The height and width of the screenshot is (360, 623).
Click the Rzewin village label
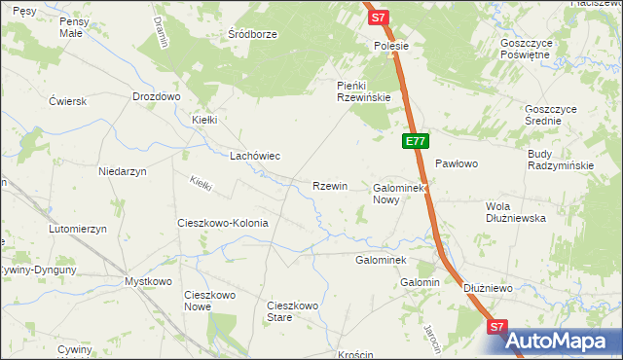[x=329, y=186]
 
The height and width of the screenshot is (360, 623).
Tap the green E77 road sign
[x=416, y=141]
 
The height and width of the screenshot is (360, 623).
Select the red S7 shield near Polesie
[x=379, y=18]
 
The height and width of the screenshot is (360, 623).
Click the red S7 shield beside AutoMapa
[x=497, y=329]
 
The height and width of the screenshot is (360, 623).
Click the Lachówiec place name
[x=254, y=156]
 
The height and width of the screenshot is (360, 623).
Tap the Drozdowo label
[x=157, y=97]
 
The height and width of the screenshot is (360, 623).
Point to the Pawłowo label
[x=456, y=163]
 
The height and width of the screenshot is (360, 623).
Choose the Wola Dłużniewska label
[x=516, y=212]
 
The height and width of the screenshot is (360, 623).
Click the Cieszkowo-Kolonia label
[x=222, y=223]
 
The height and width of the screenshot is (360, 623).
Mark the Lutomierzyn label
[x=77, y=229]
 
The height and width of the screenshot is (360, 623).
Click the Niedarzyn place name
[x=122, y=171]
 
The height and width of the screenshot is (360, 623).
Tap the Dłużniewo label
[x=488, y=288]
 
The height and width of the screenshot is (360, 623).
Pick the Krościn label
[x=357, y=354]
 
